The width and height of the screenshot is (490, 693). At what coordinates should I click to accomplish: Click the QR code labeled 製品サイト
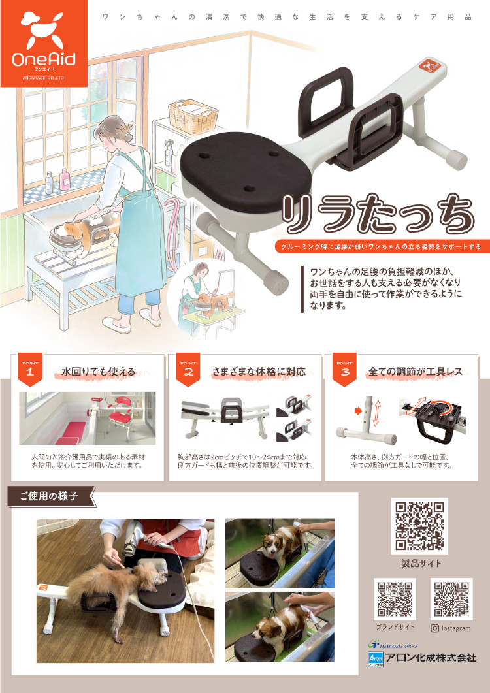[x=419, y=526]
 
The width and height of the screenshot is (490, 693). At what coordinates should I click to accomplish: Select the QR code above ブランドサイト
[x=395, y=599]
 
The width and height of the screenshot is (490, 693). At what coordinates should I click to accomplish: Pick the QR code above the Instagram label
[x=451, y=599]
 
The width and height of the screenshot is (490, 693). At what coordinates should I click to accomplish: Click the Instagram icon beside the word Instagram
[x=434, y=628]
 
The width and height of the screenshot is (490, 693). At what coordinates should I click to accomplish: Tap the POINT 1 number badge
[x=29, y=370]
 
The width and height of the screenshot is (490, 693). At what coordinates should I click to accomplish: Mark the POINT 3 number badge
[x=344, y=370]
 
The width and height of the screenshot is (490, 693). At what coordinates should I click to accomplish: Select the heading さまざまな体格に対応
[x=259, y=372]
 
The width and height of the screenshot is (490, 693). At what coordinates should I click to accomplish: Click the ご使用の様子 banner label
[x=48, y=496]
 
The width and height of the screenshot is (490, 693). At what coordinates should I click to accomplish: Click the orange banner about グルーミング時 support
[x=378, y=246]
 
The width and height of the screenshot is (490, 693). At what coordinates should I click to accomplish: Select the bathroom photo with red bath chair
[x=88, y=418]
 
